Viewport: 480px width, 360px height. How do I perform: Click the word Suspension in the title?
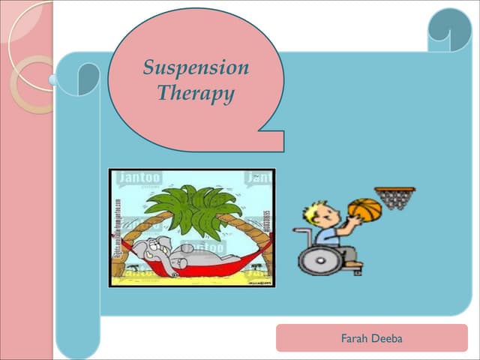196,68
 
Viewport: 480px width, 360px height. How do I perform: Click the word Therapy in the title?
196,94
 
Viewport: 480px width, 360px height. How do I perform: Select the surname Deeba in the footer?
387,339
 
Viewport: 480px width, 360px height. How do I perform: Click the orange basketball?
365,210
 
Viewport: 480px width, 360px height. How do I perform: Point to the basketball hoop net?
394,199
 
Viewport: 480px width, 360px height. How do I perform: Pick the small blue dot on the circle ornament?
53,79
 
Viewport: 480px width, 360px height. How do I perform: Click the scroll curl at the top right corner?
449,30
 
